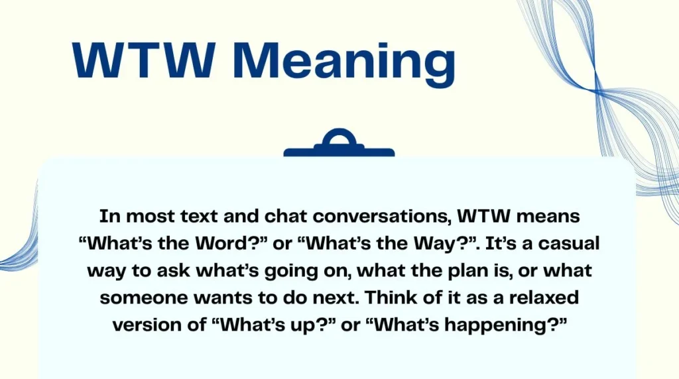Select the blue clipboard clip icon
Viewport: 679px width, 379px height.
tap(339, 144)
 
